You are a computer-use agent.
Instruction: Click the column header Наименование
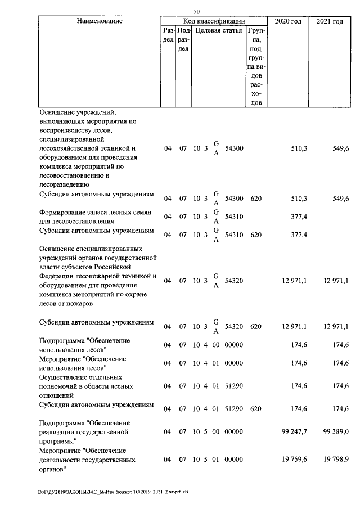tap(100, 21)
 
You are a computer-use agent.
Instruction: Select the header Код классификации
tap(214, 21)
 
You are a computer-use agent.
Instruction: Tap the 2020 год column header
tap(288, 21)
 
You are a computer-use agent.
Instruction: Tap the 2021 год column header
tap(330, 21)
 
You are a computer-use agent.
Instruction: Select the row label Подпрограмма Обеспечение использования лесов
tap(84, 345)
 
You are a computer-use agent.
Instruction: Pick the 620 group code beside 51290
tap(256, 409)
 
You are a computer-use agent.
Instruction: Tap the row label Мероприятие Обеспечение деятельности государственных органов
tap(87, 460)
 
